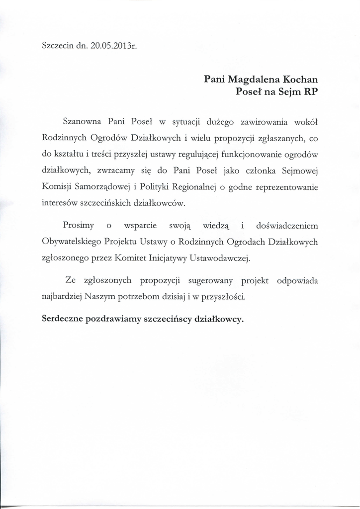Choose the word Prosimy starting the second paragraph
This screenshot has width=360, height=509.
[79, 226]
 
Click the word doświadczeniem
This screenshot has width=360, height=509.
[287, 226]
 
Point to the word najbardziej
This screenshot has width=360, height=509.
[62, 297]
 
